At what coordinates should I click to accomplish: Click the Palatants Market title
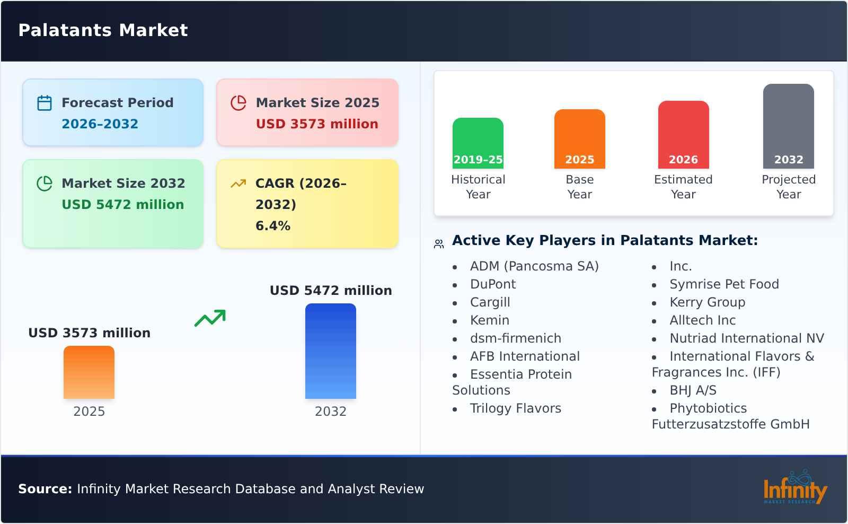tap(103, 30)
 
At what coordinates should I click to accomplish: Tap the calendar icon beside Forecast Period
tap(45, 103)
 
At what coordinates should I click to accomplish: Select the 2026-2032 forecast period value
tap(100, 124)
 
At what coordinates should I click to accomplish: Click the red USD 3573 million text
tap(317, 124)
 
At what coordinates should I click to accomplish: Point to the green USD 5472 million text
tap(122, 205)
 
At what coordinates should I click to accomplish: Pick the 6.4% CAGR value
tap(273, 226)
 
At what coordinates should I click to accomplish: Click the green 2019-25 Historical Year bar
tap(478, 143)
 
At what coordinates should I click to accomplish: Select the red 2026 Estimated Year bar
tap(683, 135)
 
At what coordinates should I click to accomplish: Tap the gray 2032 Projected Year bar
tap(789, 126)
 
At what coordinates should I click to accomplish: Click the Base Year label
tap(580, 187)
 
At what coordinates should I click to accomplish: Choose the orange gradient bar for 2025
tap(89, 372)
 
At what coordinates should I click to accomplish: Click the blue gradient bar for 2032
tap(331, 351)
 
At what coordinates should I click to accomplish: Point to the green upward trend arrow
tap(210, 318)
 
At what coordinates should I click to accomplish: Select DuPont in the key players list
tap(493, 284)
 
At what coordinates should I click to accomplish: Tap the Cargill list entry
tap(490, 302)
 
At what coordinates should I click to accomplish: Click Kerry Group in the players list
tap(707, 302)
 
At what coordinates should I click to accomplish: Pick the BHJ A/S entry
tap(693, 390)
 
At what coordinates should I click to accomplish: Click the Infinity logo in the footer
tap(795, 487)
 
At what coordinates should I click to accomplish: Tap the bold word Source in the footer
tap(45, 489)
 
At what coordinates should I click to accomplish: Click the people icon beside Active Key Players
tap(439, 243)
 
